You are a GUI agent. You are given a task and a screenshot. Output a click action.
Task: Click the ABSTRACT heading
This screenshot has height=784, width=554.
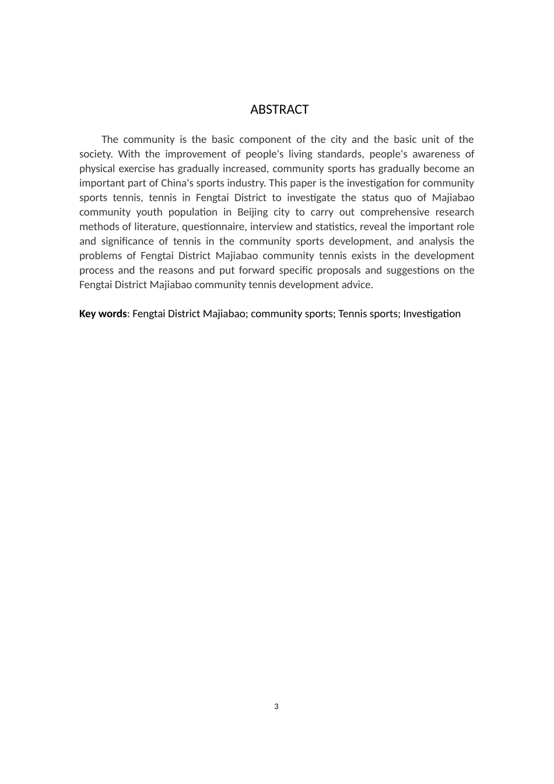pos(279,110)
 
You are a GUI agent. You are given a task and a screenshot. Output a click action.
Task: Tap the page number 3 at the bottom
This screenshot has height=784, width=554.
pos(276,706)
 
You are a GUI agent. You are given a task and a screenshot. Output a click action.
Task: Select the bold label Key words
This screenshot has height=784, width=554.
pos(103,314)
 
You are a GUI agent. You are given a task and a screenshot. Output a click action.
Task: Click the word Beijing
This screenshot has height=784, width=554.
pos(252,212)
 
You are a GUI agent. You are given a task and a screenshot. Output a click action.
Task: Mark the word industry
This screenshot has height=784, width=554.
pos(247,183)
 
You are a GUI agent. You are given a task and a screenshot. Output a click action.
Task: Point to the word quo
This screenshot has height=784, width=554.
pos(402,198)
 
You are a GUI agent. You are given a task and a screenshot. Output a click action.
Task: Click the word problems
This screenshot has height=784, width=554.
pos(99,256)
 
